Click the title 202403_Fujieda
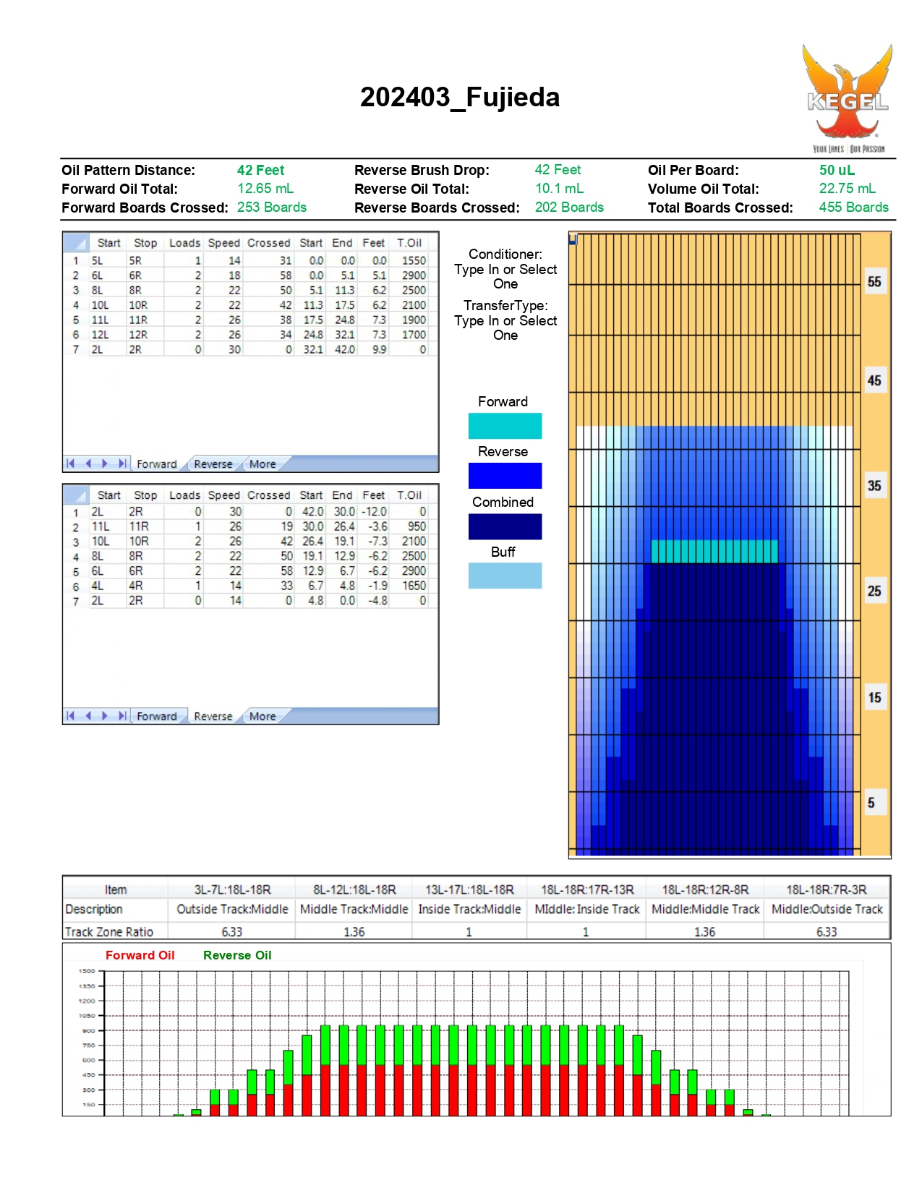pos(460,98)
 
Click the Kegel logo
pos(848,98)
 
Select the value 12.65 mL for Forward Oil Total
pos(265,188)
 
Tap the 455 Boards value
pos(853,207)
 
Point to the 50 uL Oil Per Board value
pos(837,170)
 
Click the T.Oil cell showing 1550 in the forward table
pos(414,260)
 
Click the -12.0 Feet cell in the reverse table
pos(374,511)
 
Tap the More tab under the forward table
pos(262,464)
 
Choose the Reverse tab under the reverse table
pos(213,717)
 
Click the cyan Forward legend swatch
pos(505,425)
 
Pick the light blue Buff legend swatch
pos(505,576)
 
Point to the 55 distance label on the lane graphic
pos(874,282)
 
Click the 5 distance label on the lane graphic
pos(871,803)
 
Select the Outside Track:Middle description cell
pos(232,909)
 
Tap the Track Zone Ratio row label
pos(108,932)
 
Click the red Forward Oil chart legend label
pos(140,955)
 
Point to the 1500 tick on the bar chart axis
pos(87,971)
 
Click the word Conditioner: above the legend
pos(505,255)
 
